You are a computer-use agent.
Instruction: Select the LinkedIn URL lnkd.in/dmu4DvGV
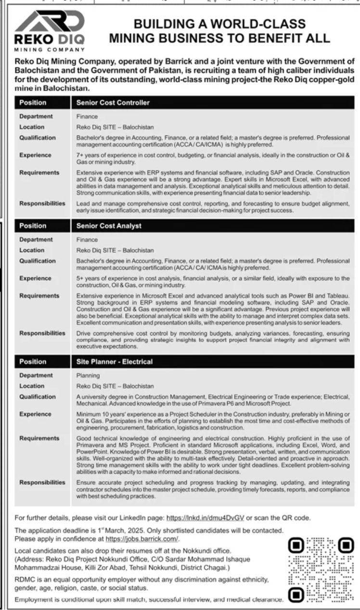click(x=205, y=518)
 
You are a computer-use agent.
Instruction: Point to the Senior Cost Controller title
click(x=113, y=103)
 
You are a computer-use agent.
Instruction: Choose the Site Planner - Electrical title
click(x=115, y=362)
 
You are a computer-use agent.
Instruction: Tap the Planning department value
click(x=85, y=376)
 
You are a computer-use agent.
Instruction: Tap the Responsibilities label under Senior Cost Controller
click(x=42, y=203)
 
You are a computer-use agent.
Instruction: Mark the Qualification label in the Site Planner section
click(x=38, y=397)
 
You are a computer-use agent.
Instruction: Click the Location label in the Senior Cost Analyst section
click(x=32, y=250)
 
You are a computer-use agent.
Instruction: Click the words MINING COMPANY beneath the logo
click(x=49, y=49)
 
